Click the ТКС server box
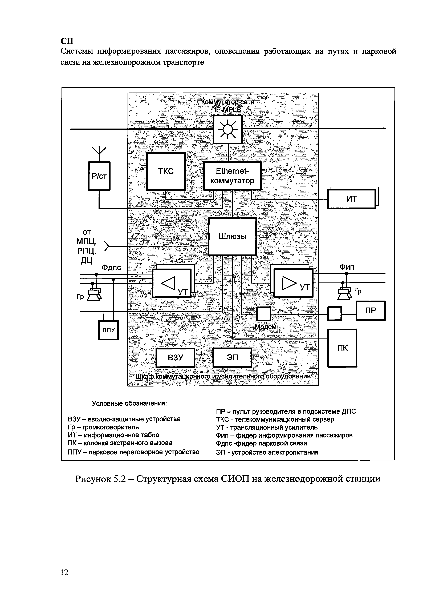166,171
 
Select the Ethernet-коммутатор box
232,176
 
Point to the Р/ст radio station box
99,176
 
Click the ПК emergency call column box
342,348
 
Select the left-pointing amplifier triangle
168,283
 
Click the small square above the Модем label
263,314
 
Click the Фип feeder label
347,267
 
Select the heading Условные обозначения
129,403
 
